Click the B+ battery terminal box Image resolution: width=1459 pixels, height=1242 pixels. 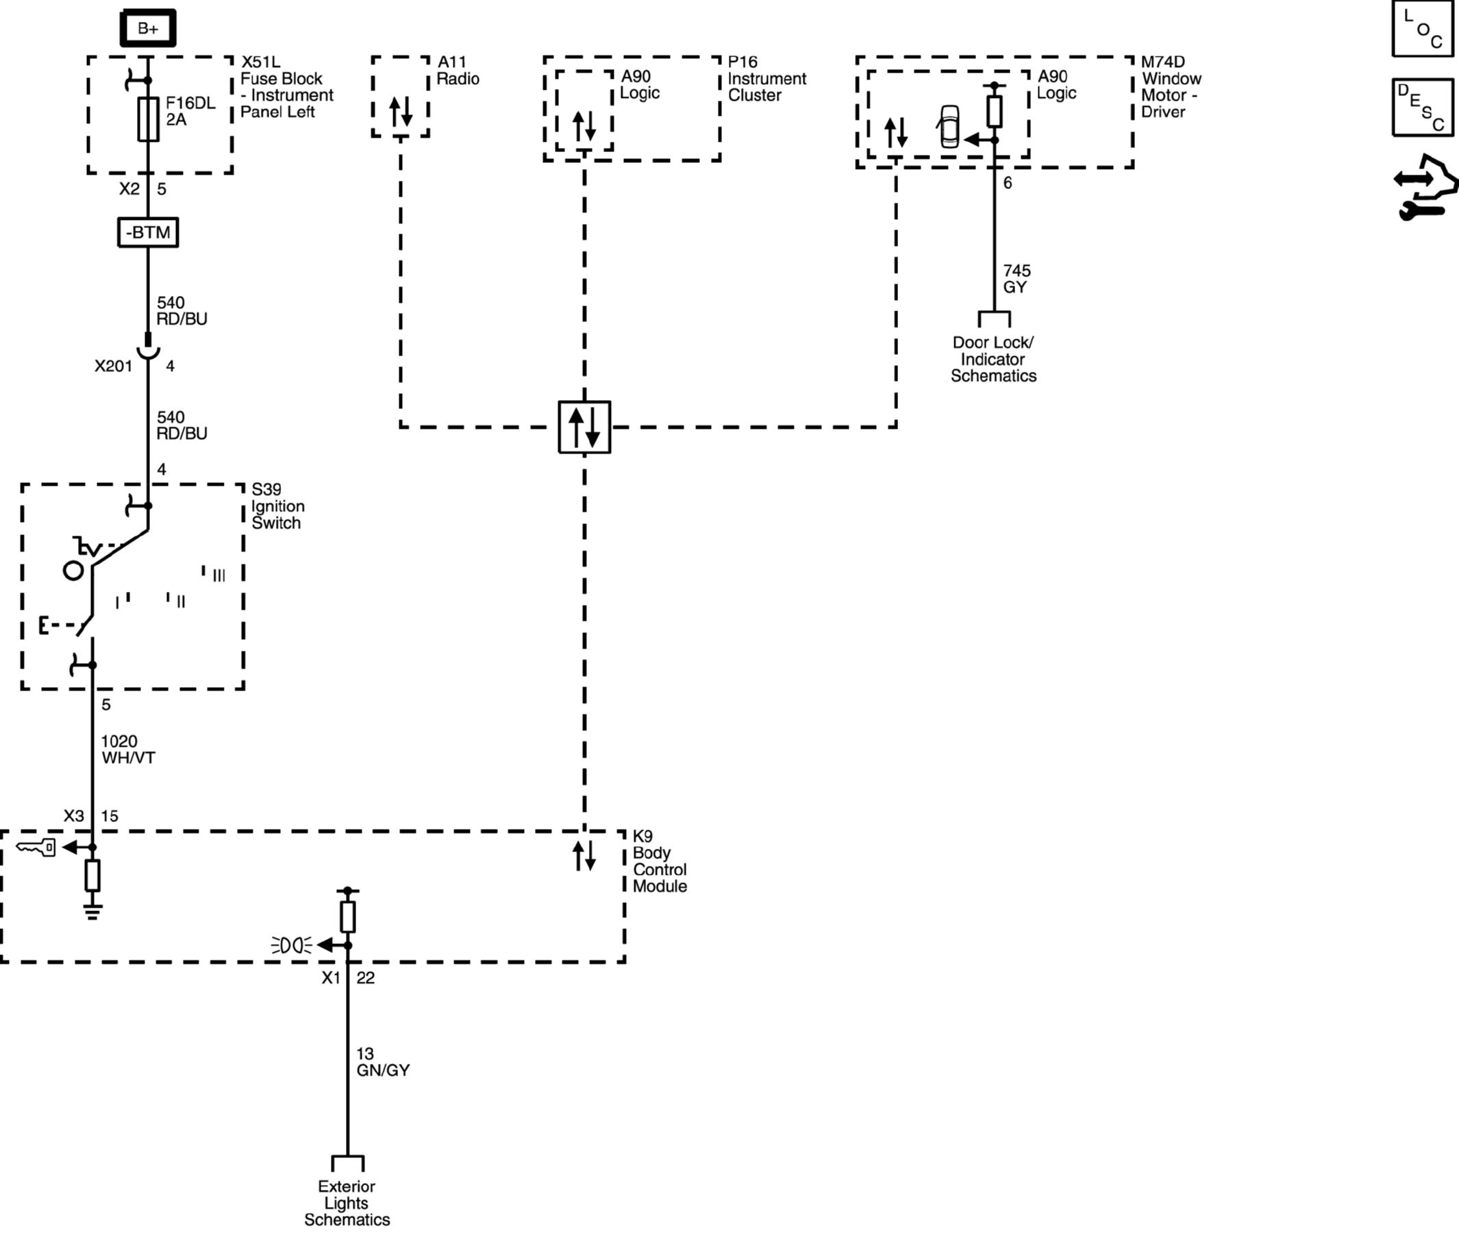pyautogui.click(x=148, y=28)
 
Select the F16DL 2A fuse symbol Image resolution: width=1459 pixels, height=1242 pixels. pyautogui.click(x=148, y=119)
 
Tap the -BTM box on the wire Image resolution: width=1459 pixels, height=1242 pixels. pyautogui.click(x=148, y=232)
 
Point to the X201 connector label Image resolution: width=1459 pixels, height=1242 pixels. pyautogui.click(x=113, y=366)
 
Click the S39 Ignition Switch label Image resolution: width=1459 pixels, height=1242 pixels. pyautogui.click(x=278, y=506)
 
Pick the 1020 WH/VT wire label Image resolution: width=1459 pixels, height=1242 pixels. pyautogui.click(x=128, y=749)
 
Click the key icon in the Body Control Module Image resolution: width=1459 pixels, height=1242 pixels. pyautogui.click(x=36, y=847)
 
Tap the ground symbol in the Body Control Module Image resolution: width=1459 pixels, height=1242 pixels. pyautogui.click(x=92, y=912)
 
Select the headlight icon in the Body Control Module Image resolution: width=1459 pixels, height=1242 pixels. pyautogui.click(x=291, y=945)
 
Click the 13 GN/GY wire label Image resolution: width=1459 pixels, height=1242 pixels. pyautogui.click(x=383, y=1062)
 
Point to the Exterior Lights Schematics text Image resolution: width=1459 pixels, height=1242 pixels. pyautogui.click(x=347, y=1202)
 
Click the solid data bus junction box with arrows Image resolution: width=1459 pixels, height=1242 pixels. pyautogui.click(x=584, y=427)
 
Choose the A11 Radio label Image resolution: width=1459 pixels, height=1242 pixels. pyautogui.click(x=458, y=71)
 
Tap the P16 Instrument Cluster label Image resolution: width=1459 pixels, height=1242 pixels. pyautogui.click(x=766, y=79)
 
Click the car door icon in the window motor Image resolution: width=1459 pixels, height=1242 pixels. pyautogui.click(x=949, y=127)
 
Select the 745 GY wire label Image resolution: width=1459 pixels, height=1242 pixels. pyautogui.click(x=1017, y=279)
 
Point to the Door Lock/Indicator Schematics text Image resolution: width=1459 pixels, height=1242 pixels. pyautogui.click(x=993, y=359)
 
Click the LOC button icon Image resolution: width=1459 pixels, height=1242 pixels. pyautogui.click(x=1423, y=29)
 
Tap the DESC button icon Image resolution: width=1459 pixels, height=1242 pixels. pyautogui.click(x=1423, y=108)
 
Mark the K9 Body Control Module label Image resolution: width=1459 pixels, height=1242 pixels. pyautogui.click(x=660, y=861)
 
